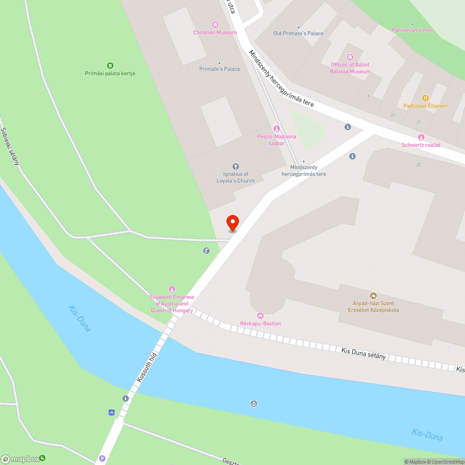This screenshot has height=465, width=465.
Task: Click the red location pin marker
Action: pos(232,223)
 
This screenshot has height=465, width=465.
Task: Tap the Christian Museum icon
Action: pos(215,24)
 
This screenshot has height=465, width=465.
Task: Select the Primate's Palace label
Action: pos(219,69)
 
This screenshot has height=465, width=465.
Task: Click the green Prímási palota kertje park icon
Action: pos(110,65)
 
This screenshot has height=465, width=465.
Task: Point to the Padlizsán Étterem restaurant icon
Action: pos(425,98)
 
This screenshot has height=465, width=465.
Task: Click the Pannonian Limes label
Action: pos(412,30)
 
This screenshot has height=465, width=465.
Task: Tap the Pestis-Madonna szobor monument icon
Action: pos(277,128)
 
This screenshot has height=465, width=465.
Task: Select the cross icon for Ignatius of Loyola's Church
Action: pos(235,166)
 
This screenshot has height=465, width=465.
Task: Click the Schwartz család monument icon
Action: pos(421,137)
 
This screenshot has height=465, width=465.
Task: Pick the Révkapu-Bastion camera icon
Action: pos(260,316)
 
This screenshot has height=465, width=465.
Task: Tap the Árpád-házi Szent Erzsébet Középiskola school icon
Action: pos(373,295)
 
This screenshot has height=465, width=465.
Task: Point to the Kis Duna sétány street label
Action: pos(364,353)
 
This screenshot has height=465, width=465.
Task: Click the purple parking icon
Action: pos(102,458)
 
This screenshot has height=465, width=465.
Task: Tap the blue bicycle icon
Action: pos(112,412)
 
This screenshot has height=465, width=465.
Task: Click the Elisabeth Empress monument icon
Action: pos(172,289)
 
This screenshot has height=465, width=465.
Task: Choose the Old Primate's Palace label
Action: pos(298,33)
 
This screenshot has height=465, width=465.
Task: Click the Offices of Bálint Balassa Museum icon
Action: pos(350,57)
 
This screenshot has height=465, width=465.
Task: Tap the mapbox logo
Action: pos(23,459)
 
